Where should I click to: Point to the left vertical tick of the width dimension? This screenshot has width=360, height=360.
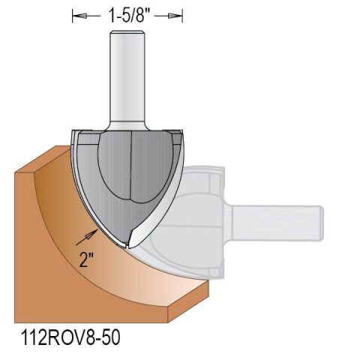pos(73,15)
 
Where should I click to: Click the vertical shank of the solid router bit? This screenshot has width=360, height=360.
pos(127,82)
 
